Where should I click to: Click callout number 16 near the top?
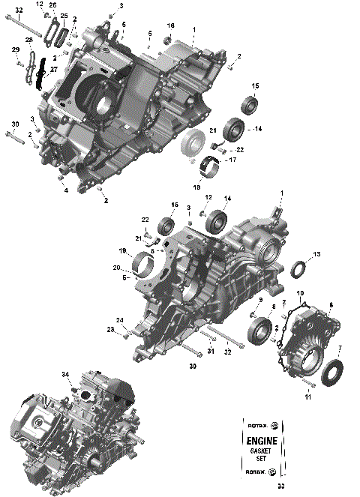(170, 25)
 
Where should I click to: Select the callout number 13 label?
(316, 255)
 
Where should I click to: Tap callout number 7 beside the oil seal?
(340, 349)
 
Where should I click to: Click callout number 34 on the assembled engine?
(65, 374)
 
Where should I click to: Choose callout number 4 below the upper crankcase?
(65, 190)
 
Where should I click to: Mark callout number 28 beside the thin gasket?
(28, 40)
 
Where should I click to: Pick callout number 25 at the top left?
(64, 16)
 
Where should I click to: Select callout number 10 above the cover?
(300, 292)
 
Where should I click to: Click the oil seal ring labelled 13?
(298, 268)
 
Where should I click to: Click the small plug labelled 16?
(169, 37)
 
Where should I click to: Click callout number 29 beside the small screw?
(14, 49)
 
